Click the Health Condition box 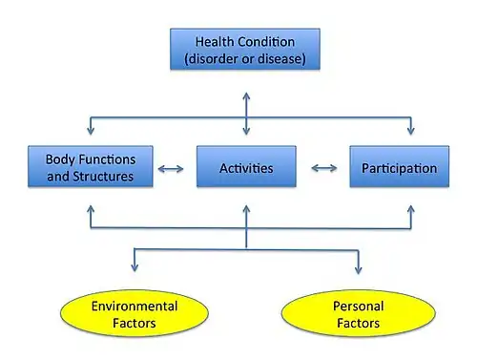pos(245,49)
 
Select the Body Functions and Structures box pos(91,166)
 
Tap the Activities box pos(246,166)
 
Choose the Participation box pos(400,166)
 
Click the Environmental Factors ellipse pos(135,313)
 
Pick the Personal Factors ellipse pos(359,313)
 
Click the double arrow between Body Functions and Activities pos(171,168)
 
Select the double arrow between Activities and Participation pos(324,168)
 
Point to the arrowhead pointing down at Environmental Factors pos(135,267)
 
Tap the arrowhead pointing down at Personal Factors pos(359,269)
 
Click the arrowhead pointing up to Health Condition pos(246,96)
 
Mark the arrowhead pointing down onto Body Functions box pos(91,131)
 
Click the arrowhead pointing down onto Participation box pos(411,131)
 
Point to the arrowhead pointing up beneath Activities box pos(246,209)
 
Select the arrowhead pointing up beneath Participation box pos(411,209)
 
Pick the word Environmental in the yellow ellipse pos(135,307)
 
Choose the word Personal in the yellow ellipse pos(359,307)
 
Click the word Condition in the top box pos(266,42)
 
